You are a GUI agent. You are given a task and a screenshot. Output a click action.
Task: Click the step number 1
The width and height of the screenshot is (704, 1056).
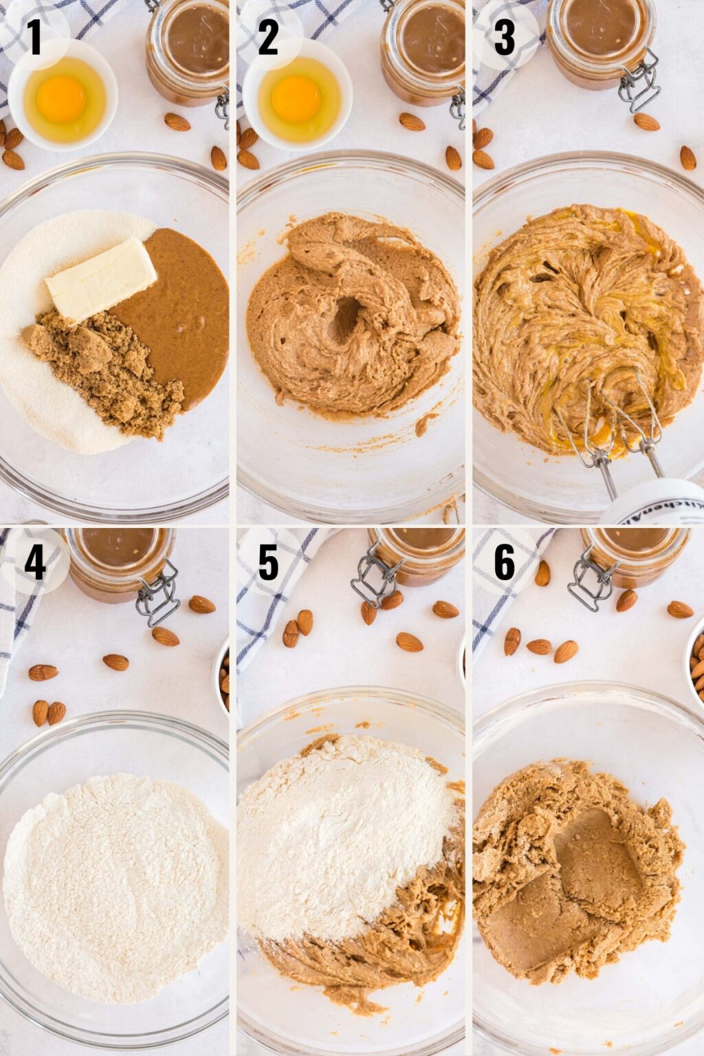tap(34, 38)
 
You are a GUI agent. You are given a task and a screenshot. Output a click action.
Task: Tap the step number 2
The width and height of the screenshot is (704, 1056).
tap(268, 38)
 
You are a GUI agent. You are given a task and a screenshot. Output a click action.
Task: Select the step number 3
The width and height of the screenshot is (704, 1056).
tap(504, 38)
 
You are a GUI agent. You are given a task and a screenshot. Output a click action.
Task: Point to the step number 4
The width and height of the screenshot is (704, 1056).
tap(34, 563)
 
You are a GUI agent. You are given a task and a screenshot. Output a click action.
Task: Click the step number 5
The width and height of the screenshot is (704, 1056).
tap(268, 563)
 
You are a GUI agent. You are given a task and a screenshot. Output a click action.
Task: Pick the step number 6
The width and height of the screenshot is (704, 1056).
tap(504, 563)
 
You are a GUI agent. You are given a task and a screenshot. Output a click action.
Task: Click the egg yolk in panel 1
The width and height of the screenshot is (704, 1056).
tap(61, 98)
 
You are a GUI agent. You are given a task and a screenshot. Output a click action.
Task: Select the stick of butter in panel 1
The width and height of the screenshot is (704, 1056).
tap(102, 278)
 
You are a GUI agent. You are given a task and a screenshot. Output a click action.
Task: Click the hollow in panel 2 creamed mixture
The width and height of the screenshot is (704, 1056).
tap(347, 320)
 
